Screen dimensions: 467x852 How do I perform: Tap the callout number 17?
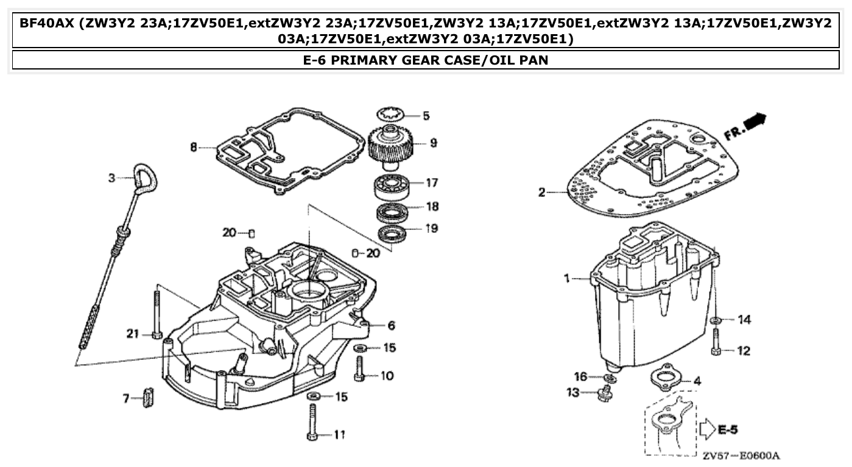click(431, 182)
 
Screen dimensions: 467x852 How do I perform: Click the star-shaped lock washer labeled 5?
click(390, 114)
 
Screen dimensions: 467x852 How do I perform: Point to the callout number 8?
click(194, 148)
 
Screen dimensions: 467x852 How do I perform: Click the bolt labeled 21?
click(157, 314)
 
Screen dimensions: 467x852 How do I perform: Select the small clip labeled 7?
click(147, 398)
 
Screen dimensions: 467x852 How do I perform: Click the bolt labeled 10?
click(359, 369)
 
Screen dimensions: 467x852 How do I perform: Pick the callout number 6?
click(391, 326)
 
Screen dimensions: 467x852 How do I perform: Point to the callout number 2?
click(541, 193)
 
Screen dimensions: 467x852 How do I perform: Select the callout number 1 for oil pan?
click(566, 278)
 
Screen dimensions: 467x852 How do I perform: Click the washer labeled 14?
click(716, 320)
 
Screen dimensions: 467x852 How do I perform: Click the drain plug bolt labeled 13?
click(605, 394)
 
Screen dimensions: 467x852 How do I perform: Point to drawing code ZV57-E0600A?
click(741, 456)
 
